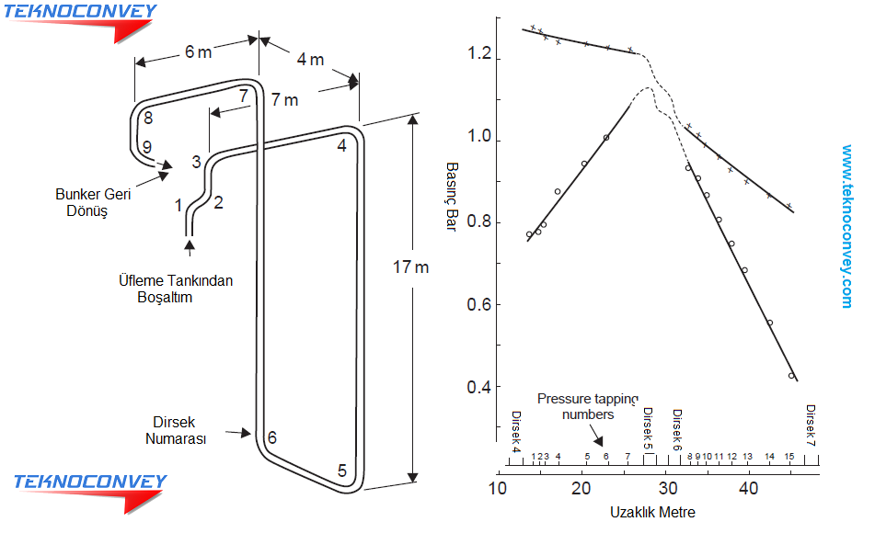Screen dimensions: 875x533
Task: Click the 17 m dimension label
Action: (x=410, y=267)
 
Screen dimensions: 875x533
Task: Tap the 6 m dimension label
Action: (x=198, y=51)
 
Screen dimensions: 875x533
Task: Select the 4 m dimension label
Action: (x=310, y=59)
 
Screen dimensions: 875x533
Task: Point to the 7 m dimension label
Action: (x=284, y=100)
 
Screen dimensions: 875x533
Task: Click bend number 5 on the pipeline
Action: (x=342, y=471)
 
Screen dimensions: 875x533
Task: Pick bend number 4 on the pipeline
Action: (x=342, y=145)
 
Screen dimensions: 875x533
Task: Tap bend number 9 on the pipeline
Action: (x=147, y=147)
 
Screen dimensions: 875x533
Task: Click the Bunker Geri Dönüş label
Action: (x=93, y=202)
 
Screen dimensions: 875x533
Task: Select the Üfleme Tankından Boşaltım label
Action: (x=175, y=289)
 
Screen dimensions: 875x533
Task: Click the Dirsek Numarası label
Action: (x=175, y=430)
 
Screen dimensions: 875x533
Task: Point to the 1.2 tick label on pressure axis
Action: (x=479, y=53)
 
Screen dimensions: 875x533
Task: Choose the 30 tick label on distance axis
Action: (x=667, y=488)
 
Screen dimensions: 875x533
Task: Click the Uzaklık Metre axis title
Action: (x=652, y=513)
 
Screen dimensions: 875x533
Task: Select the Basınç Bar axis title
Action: (x=452, y=197)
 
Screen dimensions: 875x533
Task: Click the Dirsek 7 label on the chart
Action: (x=811, y=425)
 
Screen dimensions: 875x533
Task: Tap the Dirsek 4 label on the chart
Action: (x=516, y=432)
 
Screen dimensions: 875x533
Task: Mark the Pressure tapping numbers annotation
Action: (x=588, y=406)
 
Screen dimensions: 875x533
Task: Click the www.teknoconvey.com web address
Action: (x=847, y=226)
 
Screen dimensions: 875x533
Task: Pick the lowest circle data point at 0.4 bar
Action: (x=791, y=376)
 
